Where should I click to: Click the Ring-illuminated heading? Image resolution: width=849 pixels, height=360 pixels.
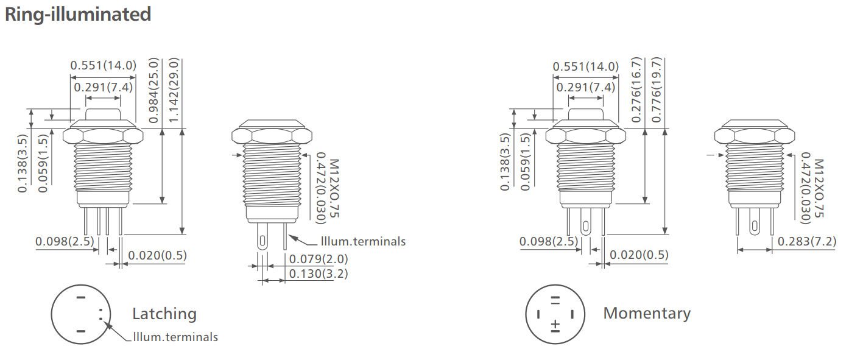[77, 14]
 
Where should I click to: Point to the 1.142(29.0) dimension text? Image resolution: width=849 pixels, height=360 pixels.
[174, 90]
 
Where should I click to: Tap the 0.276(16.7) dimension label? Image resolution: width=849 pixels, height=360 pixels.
[636, 90]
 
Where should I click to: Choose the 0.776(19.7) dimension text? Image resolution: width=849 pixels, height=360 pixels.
[656, 90]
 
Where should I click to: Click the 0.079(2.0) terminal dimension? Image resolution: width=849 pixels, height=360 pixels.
[318, 259]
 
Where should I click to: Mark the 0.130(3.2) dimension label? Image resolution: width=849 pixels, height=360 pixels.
[318, 274]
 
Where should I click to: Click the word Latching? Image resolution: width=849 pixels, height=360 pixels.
[164, 314]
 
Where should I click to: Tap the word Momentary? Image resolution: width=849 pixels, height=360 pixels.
[647, 313]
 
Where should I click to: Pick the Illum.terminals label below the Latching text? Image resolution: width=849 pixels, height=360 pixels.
[175, 337]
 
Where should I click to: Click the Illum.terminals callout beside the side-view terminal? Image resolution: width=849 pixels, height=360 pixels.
[362, 241]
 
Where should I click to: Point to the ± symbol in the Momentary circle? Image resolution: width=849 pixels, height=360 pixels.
[555, 325]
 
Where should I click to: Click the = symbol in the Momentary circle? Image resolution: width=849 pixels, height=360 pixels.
[555, 300]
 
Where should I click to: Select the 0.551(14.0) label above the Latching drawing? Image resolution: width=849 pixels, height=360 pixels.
[103, 66]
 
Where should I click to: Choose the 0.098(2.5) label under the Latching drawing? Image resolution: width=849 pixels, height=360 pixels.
[65, 241]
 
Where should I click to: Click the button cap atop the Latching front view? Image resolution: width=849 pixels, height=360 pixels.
[103, 114]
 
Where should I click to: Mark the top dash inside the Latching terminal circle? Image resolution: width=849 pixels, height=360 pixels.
[80, 298]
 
